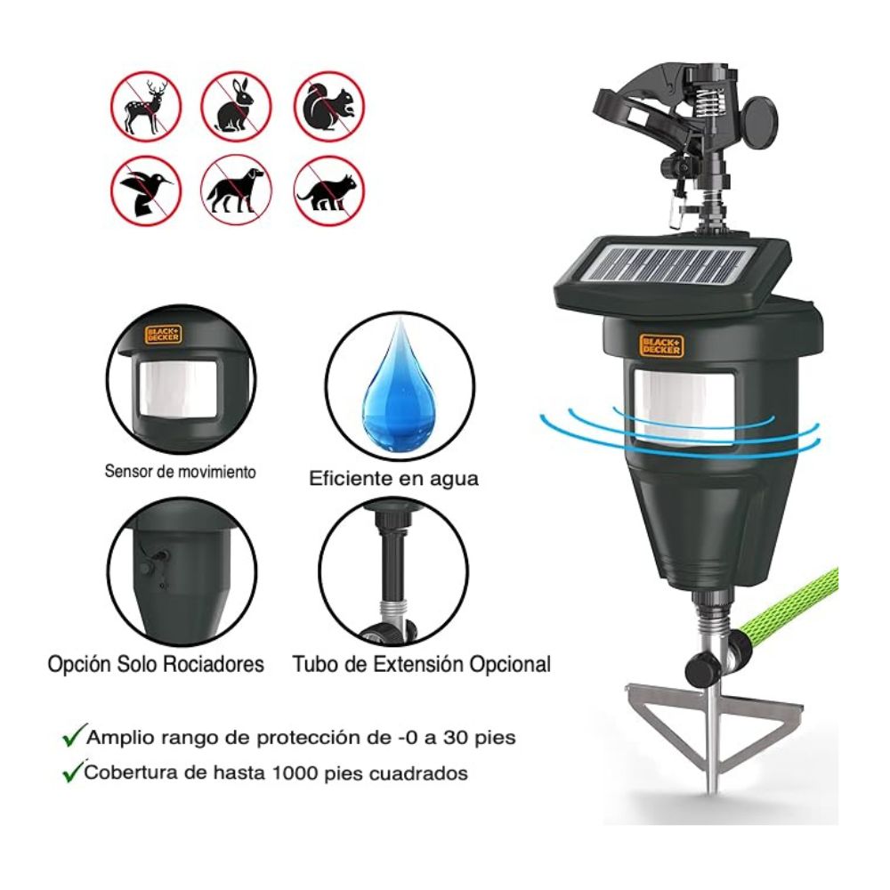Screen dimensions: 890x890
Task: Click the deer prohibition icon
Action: pos(146,107)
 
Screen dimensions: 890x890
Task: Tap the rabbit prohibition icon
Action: pos(236,107)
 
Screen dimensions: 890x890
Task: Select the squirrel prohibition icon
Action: pos(329,107)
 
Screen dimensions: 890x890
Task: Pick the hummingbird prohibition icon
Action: pos(146,190)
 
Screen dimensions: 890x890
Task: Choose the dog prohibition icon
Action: pos(236,190)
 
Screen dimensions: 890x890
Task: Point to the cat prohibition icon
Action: pos(329,190)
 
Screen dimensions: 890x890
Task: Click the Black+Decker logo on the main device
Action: pos(661,345)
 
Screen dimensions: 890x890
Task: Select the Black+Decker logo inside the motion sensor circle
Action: pos(163,335)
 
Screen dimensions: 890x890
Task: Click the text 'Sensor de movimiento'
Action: pos(181,472)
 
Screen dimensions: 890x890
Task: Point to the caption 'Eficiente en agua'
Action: pos(393,479)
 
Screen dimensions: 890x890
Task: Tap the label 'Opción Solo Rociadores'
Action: pos(156,664)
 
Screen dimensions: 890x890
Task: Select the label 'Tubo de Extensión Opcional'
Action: pos(422,664)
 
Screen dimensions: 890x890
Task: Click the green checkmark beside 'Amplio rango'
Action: pos(75,735)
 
